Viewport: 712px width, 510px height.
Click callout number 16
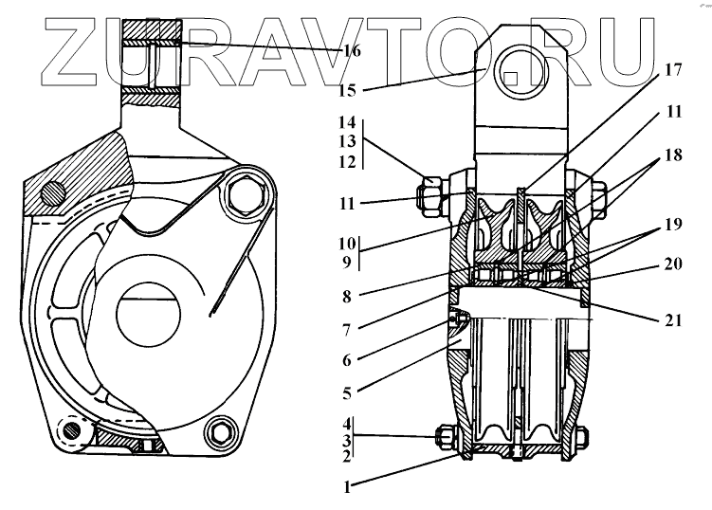[351, 51]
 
